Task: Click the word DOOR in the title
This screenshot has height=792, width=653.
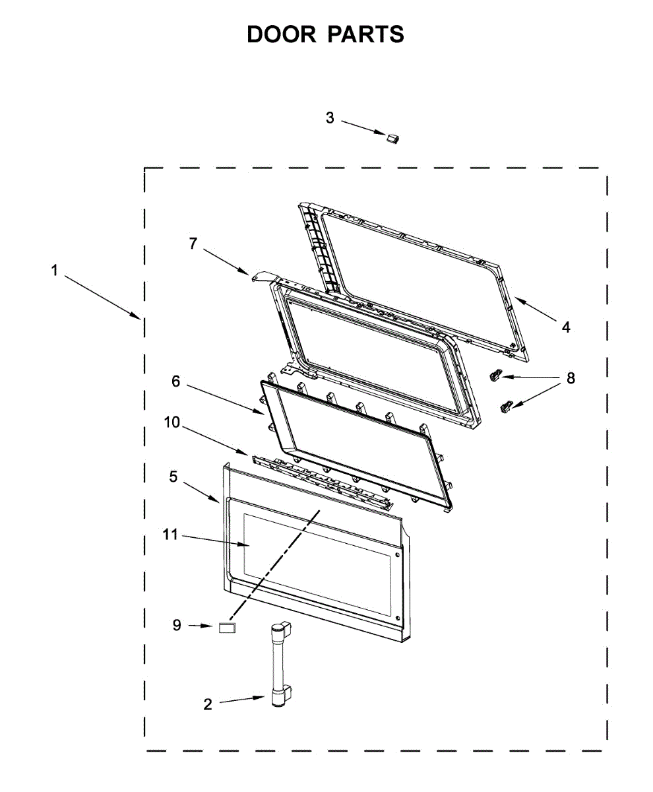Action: (x=282, y=34)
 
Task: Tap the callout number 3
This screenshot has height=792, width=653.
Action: (x=330, y=118)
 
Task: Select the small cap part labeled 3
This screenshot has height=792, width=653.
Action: (x=394, y=137)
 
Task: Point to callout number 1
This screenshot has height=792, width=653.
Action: (x=55, y=270)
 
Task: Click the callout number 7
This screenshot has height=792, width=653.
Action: (x=193, y=243)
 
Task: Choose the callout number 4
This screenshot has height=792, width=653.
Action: (x=566, y=326)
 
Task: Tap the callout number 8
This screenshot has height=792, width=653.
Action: (x=571, y=378)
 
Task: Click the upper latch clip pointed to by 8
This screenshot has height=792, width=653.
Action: (x=495, y=376)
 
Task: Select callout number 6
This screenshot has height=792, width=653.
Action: (x=175, y=381)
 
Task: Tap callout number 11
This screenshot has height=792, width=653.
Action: (x=171, y=535)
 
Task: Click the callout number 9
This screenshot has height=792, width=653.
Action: (x=177, y=625)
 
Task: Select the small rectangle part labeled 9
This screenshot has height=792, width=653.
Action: (x=228, y=627)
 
